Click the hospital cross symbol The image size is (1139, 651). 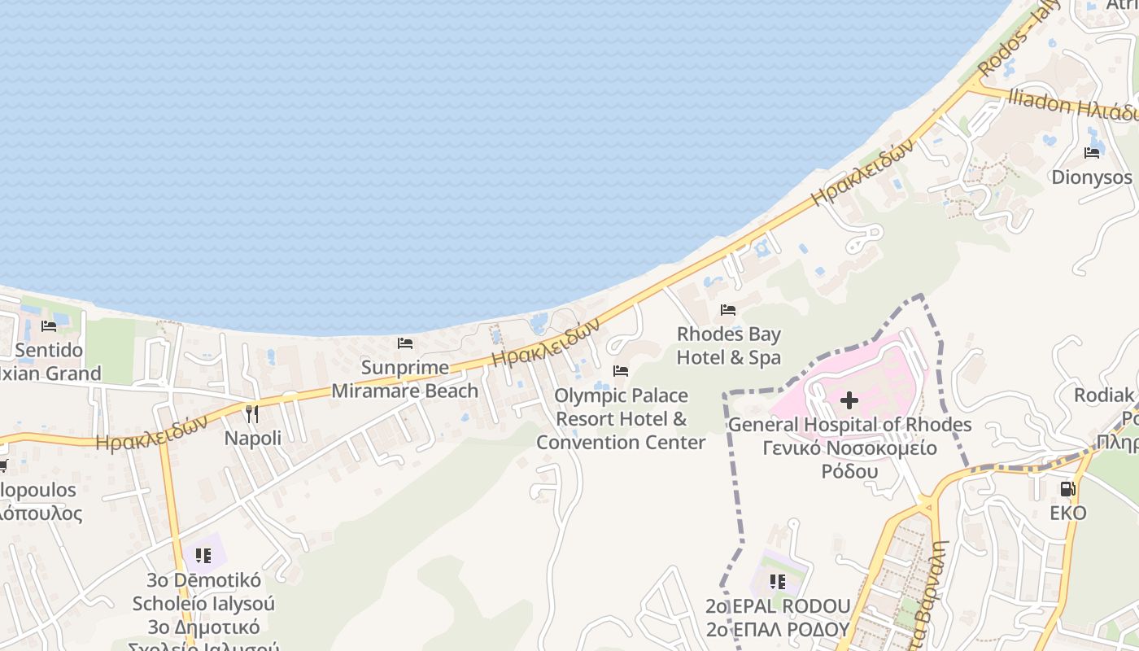pos(849,400)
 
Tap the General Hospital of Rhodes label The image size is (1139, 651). pos(849,425)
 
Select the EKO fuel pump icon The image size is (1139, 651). pos(1067,489)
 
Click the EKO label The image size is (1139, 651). pos(1067,513)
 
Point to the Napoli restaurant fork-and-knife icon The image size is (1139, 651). pos(252,414)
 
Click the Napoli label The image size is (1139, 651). pos(253,438)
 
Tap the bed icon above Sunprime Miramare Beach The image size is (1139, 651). pos(405,343)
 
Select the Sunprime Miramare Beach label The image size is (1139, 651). pos(405,379)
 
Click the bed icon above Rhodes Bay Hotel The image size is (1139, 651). pos(728,310)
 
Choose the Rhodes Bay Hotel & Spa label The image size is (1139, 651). pos(728,346)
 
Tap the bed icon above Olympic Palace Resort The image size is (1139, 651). pos(621,371)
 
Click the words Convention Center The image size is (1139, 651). pos(621,443)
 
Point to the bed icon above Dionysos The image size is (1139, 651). pos(1092,152)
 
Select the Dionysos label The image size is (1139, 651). pos(1092,177)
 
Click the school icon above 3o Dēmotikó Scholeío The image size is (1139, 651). pos(203,556)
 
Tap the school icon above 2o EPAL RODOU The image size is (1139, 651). pos(778,582)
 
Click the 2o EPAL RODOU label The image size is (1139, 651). pos(778,606)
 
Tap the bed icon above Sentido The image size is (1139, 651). pos(49,326)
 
